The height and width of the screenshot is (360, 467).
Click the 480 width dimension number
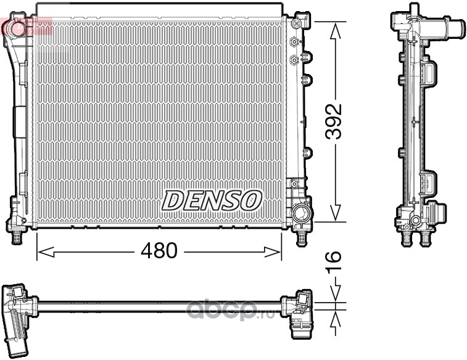pyautogui.click(x=159, y=250)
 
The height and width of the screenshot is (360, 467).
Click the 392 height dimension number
pyautogui.click(x=333, y=121)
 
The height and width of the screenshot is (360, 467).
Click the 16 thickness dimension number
pyautogui.click(x=333, y=263)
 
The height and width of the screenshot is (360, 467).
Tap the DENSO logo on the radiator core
pyautogui.click(x=212, y=200)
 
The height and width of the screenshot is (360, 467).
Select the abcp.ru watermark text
pyautogui.click(x=231, y=310)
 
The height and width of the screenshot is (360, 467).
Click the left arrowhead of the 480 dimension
pyautogui.click(x=46, y=252)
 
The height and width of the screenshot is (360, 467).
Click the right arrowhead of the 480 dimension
pyautogui.click(x=273, y=252)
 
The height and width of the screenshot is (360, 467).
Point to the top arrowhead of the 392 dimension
pyautogui.click(x=336, y=31)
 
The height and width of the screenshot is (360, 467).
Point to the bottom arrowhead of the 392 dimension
pyautogui.click(x=336, y=213)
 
